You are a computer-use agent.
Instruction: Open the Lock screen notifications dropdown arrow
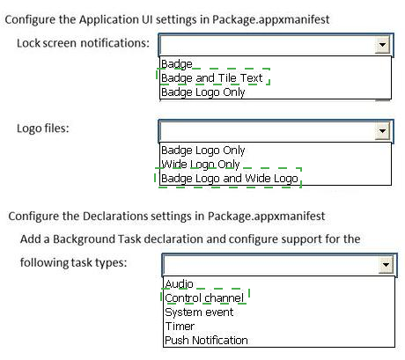(382, 45)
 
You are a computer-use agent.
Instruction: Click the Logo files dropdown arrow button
(382, 130)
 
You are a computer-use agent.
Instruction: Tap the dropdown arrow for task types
(386, 264)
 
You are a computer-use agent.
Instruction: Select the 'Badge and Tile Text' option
(212, 78)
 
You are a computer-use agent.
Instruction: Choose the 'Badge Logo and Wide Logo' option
(230, 178)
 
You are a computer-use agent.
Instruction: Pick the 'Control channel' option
(204, 298)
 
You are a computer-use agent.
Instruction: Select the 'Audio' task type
(179, 284)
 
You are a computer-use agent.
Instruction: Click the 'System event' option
(199, 312)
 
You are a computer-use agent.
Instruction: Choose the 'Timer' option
(180, 327)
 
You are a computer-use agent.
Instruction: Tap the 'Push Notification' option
(206, 341)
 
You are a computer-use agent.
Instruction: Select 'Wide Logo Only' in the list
(201, 165)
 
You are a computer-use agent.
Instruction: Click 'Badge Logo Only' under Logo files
(203, 151)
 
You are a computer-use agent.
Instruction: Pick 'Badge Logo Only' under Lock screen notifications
(203, 92)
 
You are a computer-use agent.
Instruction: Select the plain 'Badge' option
(177, 64)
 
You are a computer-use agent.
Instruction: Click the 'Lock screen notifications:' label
(83, 43)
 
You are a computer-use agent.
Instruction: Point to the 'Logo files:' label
(43, 129)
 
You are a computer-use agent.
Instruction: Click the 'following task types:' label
(73, 262)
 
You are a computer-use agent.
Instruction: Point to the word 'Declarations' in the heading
(115, 217)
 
